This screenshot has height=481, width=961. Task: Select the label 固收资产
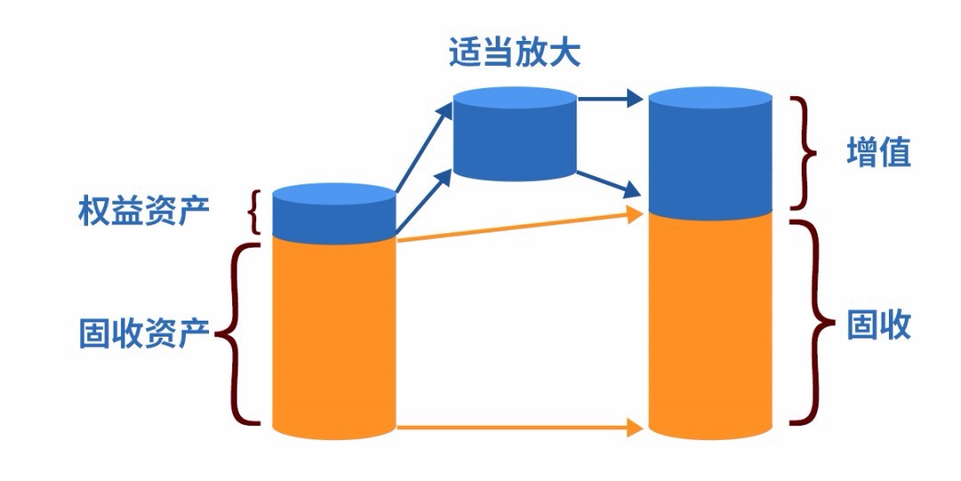tap(143, 333)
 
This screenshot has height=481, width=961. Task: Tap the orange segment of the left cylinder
tap(333, 338)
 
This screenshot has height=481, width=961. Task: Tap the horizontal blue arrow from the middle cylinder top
tap(610, 98)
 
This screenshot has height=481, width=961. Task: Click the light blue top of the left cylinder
tap(333, 193)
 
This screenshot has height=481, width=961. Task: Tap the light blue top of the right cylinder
tap(710, 98)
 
